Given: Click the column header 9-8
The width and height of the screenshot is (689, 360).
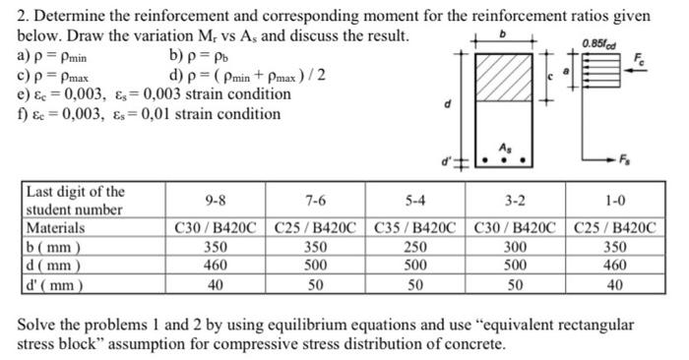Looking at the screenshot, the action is tap(214, 201).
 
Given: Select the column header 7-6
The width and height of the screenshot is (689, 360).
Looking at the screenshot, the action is tap(316, 201).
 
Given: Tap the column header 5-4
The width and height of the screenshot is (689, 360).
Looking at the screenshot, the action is tap(414, 201).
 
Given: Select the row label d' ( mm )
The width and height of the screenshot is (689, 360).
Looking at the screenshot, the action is tap(54, 285).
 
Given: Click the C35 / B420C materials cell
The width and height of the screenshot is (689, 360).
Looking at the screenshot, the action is tap(414, 228).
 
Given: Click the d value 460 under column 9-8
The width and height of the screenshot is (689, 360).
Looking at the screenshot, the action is tap(214, 267).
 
